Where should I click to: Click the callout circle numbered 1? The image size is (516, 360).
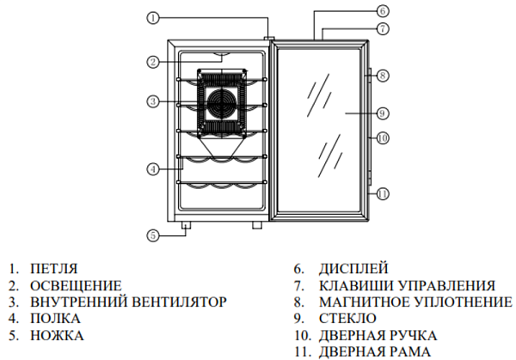(151, 17)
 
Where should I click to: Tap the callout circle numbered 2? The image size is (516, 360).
(151, 62)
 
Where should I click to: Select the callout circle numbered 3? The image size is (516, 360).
(151, 102)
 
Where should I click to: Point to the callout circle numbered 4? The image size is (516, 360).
(151, 168)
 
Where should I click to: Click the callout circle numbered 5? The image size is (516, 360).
(151, 235)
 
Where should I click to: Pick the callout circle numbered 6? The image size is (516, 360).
(383, 12)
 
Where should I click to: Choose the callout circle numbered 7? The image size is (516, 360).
(383, 28)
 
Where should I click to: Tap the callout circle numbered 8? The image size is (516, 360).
(383, 76)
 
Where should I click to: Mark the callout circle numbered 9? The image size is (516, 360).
(383, 113)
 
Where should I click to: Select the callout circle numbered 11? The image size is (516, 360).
(383, 192)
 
